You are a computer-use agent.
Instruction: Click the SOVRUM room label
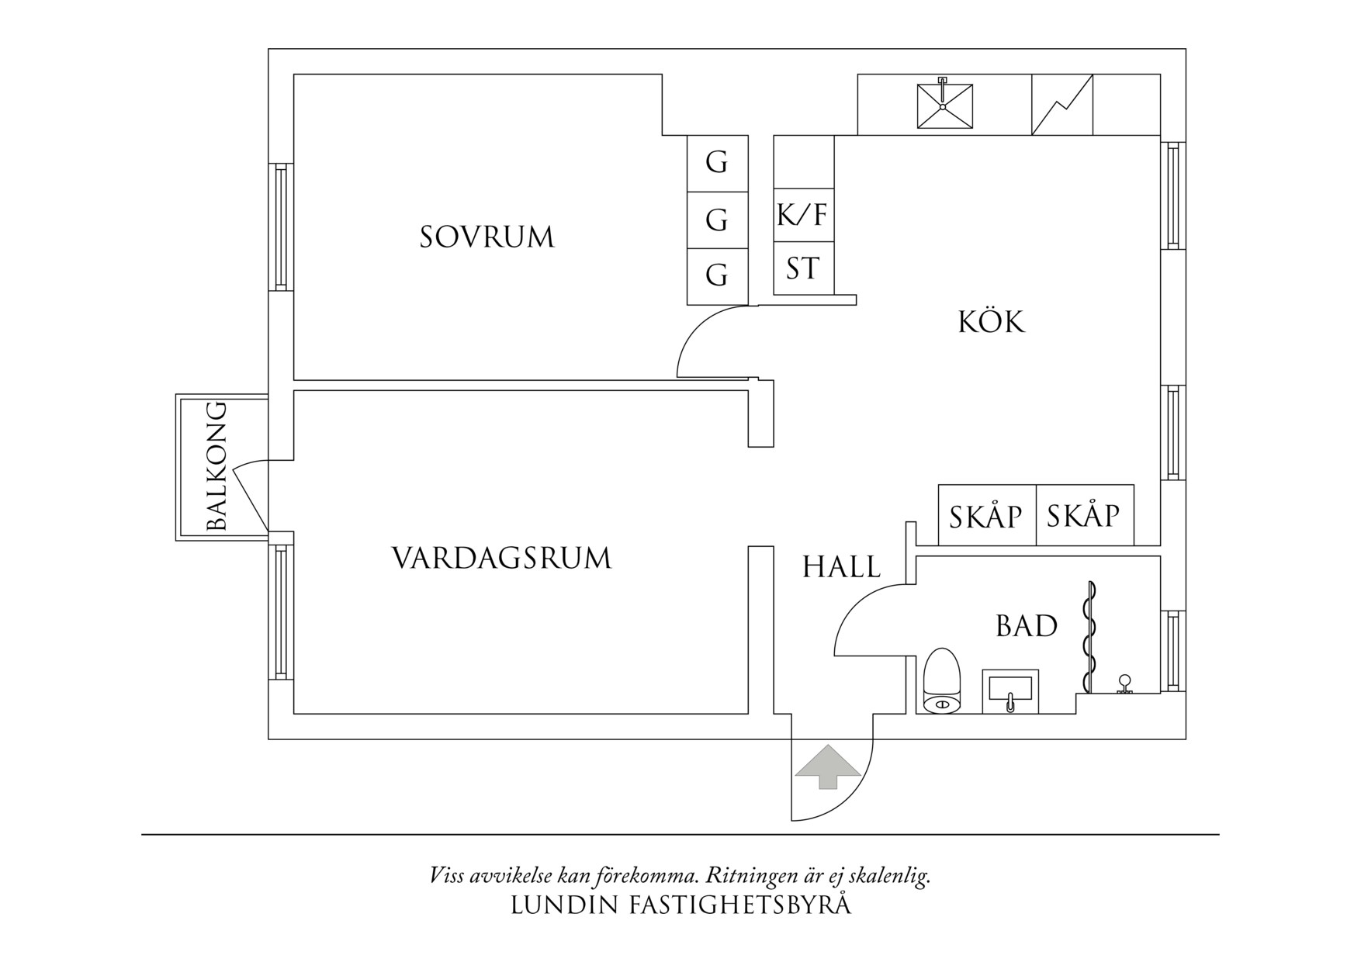pyautogui.click(x=487, y=237)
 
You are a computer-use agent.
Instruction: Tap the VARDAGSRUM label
pyautogui.click(x=501, y=559)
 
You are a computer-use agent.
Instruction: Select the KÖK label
pyautogui.click(x=992, y=322)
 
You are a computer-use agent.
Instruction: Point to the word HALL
pyautogui.click(x=841, y=567)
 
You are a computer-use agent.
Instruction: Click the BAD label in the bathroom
pyautogui.click(x=1026, y=626)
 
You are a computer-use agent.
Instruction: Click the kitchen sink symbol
pyautogui.click(x=944, y=106)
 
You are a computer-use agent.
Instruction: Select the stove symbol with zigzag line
pyautogui.click(x=1061, y=105)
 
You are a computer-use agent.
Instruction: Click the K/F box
pyautogui.click(x=803, y=215)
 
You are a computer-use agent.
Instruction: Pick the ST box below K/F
pyautogui.click(x=803, y=268)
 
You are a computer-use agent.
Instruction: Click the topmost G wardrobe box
pyautogui.click(x=717, y=163)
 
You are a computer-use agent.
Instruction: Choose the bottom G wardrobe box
pyautogui.click(x=717, y=275)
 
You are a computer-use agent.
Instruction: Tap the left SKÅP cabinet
pyautogui.click(x=986, y=516)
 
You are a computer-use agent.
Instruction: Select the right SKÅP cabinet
pyautogui.click(x=1084, y=515)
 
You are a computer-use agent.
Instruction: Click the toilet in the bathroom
pyautogui.click(x=943, y=683)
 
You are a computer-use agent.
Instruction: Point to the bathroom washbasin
pyautogui.click(x=1010, y=690)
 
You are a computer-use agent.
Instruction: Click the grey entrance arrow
pyautogui.click(x=828, y=766)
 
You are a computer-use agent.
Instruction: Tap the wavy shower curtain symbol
pyautogui.click(x=1089, y=636)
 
